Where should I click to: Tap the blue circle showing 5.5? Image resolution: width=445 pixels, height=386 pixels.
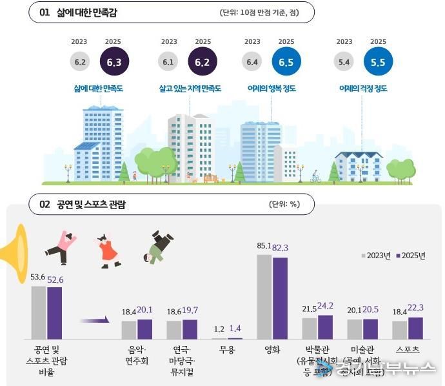tap(378, 63)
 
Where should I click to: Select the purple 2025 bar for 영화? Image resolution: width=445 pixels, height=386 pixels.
tap(280, 298)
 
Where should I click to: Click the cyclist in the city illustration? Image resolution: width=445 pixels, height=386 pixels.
tap(315, 176)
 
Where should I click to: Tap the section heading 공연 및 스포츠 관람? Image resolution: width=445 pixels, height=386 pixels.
tap(92, 205)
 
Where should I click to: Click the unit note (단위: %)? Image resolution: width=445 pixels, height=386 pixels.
tap(284, 205)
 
